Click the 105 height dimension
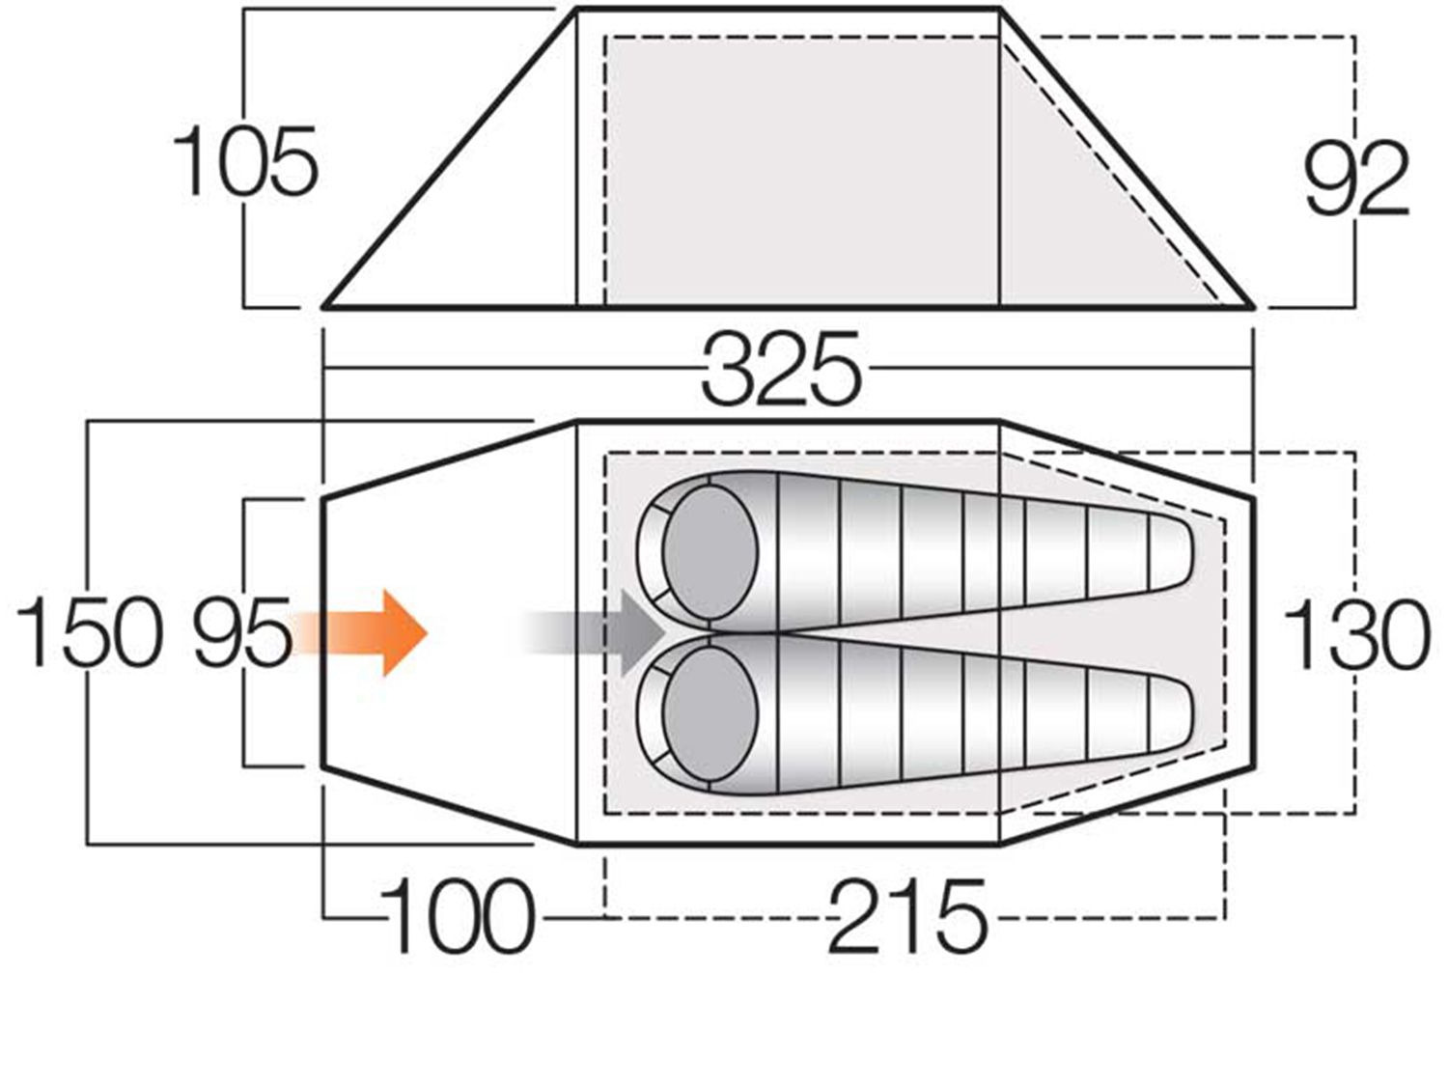[x=245, y=160]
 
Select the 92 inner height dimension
[x=1356, y=179]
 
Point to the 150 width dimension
[x=89, y=631]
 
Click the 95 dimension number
[x=242, y=631]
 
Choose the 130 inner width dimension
[x=1355, y=633]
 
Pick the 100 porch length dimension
[x=457, y=916]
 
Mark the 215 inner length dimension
[x=907, y=916]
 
